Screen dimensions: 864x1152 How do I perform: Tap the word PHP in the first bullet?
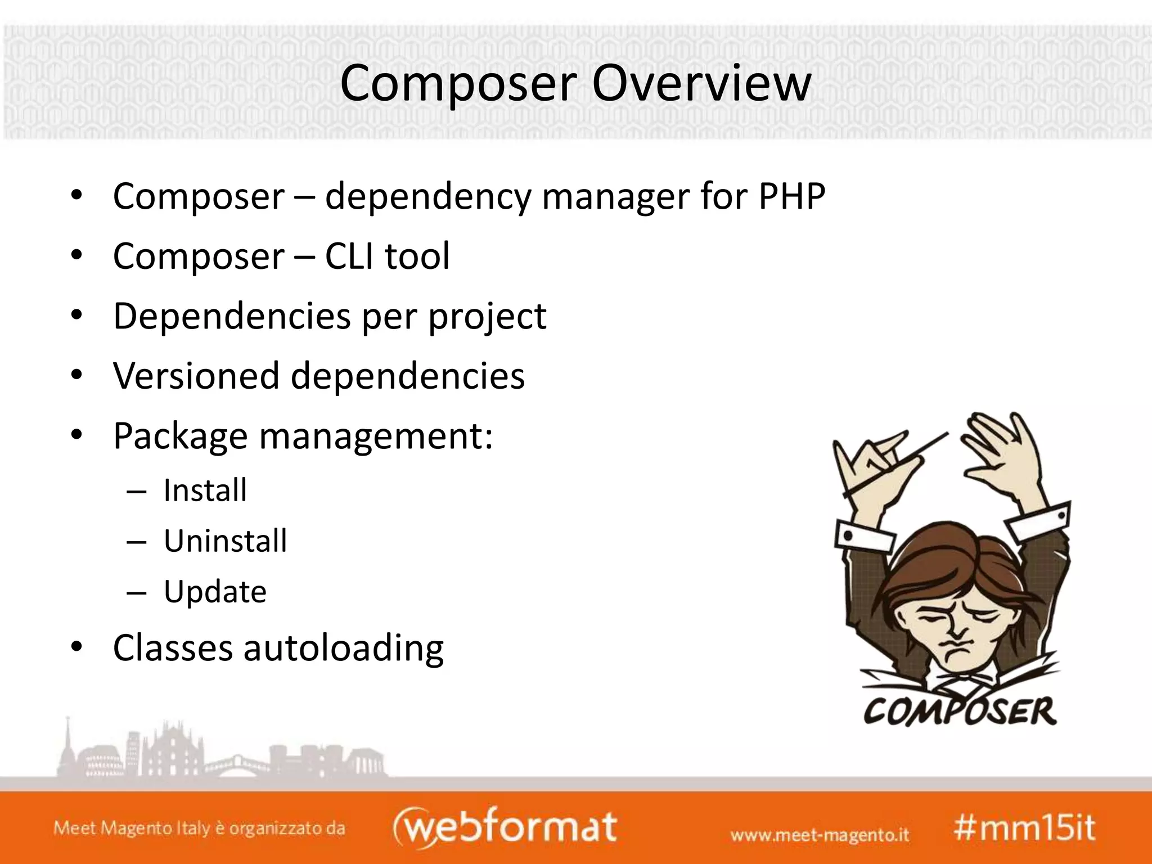pos(791,197)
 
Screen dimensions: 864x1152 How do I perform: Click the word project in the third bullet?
pos(487,317)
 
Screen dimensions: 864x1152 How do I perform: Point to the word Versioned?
pos(196,376)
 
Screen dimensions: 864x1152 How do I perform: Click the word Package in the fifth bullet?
pos(180,436)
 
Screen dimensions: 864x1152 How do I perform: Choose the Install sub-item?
pos(205,490)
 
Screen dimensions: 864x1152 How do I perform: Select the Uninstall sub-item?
pos(225,541)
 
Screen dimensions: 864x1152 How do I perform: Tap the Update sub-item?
pos(215,592)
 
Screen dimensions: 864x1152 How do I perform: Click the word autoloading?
pos(343,648)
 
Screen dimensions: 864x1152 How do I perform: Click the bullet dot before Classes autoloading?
pos(77,647)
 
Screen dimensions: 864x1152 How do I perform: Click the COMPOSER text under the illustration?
pos(960,712)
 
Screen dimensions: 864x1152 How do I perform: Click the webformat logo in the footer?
pos(505,827)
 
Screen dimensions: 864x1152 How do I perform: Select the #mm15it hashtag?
pos(1024,828)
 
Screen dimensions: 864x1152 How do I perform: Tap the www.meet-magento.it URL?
pos(819,834)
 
